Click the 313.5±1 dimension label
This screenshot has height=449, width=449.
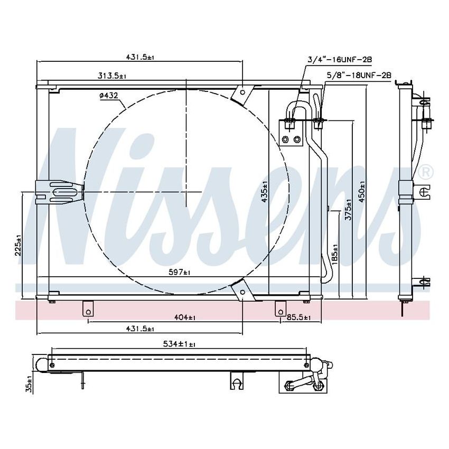point(112,76)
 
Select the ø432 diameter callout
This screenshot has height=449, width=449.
point(108,96)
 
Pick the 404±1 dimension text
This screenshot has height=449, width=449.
point(184,317)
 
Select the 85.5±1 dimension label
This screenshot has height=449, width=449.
point(299,317)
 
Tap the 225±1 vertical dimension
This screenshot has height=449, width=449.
point(18,245)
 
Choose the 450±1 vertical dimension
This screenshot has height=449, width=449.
point(362,191)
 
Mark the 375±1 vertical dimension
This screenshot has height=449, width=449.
point(348,211)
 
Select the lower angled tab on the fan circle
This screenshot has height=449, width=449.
point(242,290)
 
